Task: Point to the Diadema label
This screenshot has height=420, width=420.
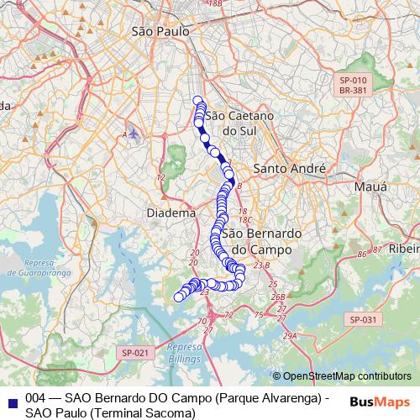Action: [x=171, y=213]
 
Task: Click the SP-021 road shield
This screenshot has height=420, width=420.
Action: [x=134, y=353]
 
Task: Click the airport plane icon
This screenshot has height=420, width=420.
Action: [x=134, y=134]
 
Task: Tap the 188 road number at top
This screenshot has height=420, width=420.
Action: [x=215, y=4]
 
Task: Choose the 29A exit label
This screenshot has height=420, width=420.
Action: [x=290, y=336]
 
